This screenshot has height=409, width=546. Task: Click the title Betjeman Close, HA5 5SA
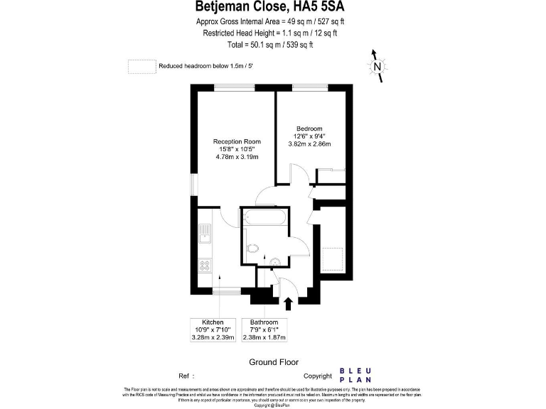[x=273, y=8]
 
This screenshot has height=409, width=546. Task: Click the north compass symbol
[x=378, y=67]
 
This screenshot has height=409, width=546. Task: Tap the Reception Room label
[x=237, y=141]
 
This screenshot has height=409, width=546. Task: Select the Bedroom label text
[x=309, y=129]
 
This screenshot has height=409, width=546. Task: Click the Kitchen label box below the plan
[x=213, y=331]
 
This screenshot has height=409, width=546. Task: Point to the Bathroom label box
[x=265, y=331]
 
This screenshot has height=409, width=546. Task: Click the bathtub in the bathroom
[x=265, y=219]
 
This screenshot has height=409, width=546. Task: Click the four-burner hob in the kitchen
[x=205, y=266]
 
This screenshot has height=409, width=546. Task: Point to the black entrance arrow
[x=288, y=304]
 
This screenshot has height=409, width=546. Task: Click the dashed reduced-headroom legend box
[x=141, y=66]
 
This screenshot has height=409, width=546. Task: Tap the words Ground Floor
[x=273, y=362]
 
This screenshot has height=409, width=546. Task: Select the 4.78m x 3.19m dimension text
[x=237, y=157]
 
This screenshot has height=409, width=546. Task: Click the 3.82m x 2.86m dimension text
[x=309, y=144]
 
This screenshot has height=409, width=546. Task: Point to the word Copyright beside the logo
[x=318, y=376]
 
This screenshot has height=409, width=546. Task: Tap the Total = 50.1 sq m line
[x=273, y=45]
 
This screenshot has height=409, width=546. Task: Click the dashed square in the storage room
[x=332, y=258]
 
